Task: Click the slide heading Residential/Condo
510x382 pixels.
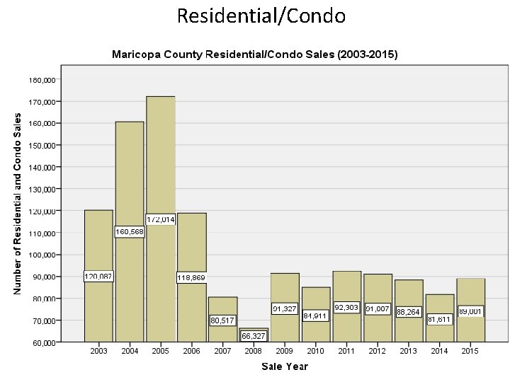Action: click(x=261, y=16)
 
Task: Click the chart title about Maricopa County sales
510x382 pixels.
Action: click(x=255, y=54)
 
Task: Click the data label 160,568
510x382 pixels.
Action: click(x=130, y=232)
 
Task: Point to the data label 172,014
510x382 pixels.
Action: click(x=161, y=219)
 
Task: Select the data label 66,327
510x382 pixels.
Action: click(x=254, y=336)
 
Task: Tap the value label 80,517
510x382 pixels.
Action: click(x=222, y=321)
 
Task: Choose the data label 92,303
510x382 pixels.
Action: click(x=346, y=308)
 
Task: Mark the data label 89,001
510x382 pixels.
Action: click(x=471, y=311)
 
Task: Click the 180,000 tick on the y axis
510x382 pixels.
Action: click(x=42, y=80)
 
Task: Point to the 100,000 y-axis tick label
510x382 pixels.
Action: click(x=42, y=255)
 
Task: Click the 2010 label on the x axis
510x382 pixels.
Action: click(x=316, y=352)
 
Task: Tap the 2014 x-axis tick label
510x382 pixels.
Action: click(x=440, y=352)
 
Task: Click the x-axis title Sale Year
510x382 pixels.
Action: click(x=285, y=366)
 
